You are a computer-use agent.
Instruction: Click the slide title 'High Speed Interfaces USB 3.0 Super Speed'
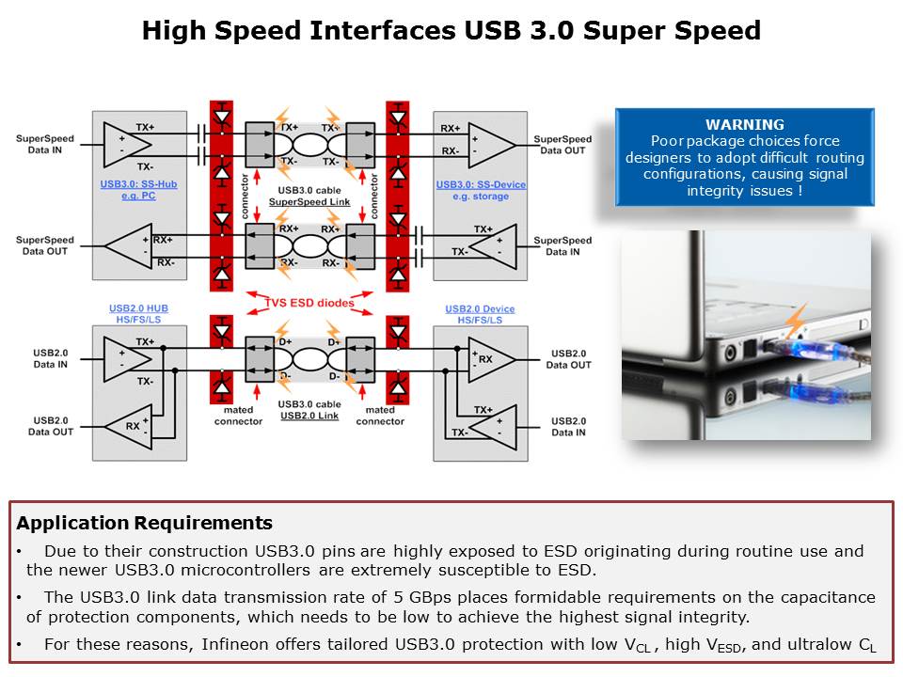point(451,31)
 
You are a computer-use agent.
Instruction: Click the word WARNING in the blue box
point(744,124)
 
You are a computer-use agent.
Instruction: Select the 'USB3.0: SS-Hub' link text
point(138,184)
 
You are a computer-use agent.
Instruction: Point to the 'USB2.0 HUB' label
point(137,308)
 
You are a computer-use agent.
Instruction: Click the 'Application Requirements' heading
point(145,524)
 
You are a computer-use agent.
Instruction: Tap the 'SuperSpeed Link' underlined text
point(309,202)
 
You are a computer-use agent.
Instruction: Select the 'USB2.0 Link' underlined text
point(309,415)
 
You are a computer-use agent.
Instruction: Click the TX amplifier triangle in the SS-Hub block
point(127,143)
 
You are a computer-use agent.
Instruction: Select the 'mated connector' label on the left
point(238,416)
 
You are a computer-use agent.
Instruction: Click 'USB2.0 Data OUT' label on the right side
point(569,358)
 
